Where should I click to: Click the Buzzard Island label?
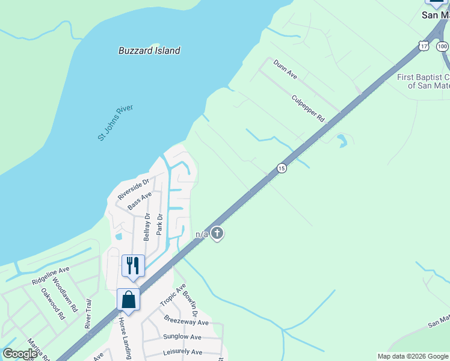[x=149, y=51]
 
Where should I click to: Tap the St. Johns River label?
[x=116, y=123]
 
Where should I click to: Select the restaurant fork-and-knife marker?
[x=134, y=265]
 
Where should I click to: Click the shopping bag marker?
[x=129, y=298]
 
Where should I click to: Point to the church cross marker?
[x=218, y=233]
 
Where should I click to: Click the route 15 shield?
[x=282, y=168]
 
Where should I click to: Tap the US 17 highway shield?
[x=424, y=46]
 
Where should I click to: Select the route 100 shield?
[x=442, y=46]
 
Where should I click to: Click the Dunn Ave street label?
[x=285, y=69]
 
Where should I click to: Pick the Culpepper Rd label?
[x=307, y=109]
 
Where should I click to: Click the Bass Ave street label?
[x=139, y=202]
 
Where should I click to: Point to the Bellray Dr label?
[x=147, y=226]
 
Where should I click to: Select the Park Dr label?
[x=159, y=224]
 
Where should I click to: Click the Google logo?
[x=20, y=354]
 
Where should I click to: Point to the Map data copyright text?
[x=413, y=356]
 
